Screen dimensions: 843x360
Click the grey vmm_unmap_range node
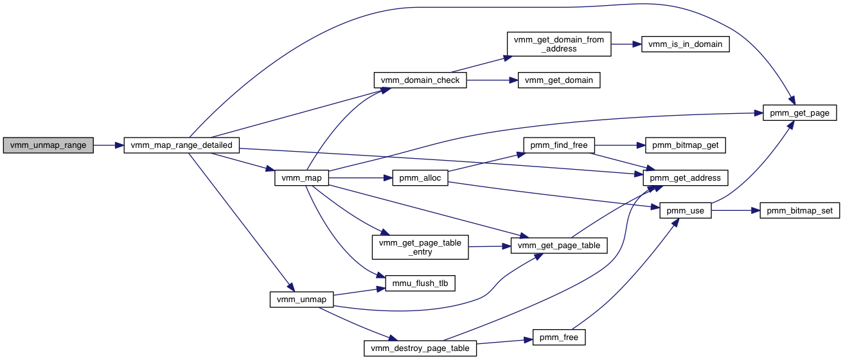pos(48,145)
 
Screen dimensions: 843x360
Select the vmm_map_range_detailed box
pos(181,145)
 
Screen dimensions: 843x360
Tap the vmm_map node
pos(301,177)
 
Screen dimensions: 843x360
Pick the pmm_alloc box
pos(420,177)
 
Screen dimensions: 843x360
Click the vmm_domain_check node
pos(420,80)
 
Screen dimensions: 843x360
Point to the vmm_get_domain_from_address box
pos(559,44)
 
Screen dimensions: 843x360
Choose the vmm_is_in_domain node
pos(686,44)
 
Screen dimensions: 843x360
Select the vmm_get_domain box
pos(559,80)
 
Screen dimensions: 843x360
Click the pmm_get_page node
pos(800,113)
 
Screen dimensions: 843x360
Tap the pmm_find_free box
pos(559,145)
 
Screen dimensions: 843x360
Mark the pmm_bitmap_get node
pos(686,145)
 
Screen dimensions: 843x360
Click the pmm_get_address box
pos(686,177)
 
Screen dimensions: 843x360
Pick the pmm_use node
pos(686,210)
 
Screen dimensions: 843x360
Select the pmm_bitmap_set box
pos(800,210)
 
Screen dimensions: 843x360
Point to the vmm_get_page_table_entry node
pos(420,248)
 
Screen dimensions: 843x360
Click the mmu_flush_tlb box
pos(420,283)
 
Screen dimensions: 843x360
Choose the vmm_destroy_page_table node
pos(420,348)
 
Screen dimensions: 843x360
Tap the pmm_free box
pos(559,337)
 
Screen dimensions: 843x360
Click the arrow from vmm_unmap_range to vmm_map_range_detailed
pos(109,145)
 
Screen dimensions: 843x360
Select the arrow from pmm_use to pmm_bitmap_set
pos(736,210)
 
